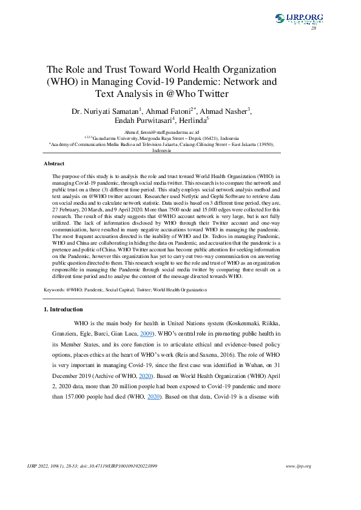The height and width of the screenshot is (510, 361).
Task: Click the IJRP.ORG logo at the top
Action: [299, 19]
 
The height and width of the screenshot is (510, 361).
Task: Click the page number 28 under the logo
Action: [314, 28]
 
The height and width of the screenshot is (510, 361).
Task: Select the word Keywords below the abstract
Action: [55, 290]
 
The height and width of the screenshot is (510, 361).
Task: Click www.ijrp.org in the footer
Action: [298, 466]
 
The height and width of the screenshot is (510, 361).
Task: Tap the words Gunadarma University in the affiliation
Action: [111, 137]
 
